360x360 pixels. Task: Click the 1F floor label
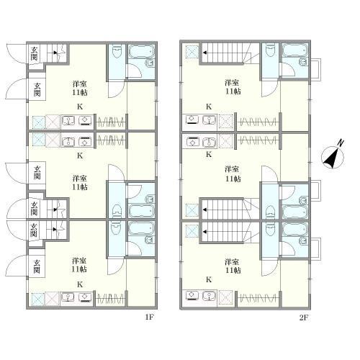(149, 318)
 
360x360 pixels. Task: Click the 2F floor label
(304, 318)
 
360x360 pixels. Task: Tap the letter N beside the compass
(341, 143)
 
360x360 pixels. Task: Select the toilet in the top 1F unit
(117, 53)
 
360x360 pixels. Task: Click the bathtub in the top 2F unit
(294, 50)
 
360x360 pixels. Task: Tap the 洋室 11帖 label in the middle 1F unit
(80, 183)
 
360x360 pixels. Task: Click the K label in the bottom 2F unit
(209, 279)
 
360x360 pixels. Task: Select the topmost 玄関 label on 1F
(35, 53)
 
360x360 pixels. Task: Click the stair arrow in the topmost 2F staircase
(205, 53)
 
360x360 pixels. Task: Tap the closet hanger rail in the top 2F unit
(258, 122)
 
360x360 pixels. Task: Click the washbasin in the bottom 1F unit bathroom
(150, 240)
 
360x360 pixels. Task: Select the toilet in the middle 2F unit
(271, 211)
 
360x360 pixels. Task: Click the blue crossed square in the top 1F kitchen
(38, 122)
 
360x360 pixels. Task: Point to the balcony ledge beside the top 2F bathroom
(316, 69)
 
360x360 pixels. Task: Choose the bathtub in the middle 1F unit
(141, 211)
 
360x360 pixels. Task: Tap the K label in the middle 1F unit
(80, 156)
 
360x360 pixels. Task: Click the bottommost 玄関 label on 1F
(37, 266)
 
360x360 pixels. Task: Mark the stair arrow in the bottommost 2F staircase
(205, 232)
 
